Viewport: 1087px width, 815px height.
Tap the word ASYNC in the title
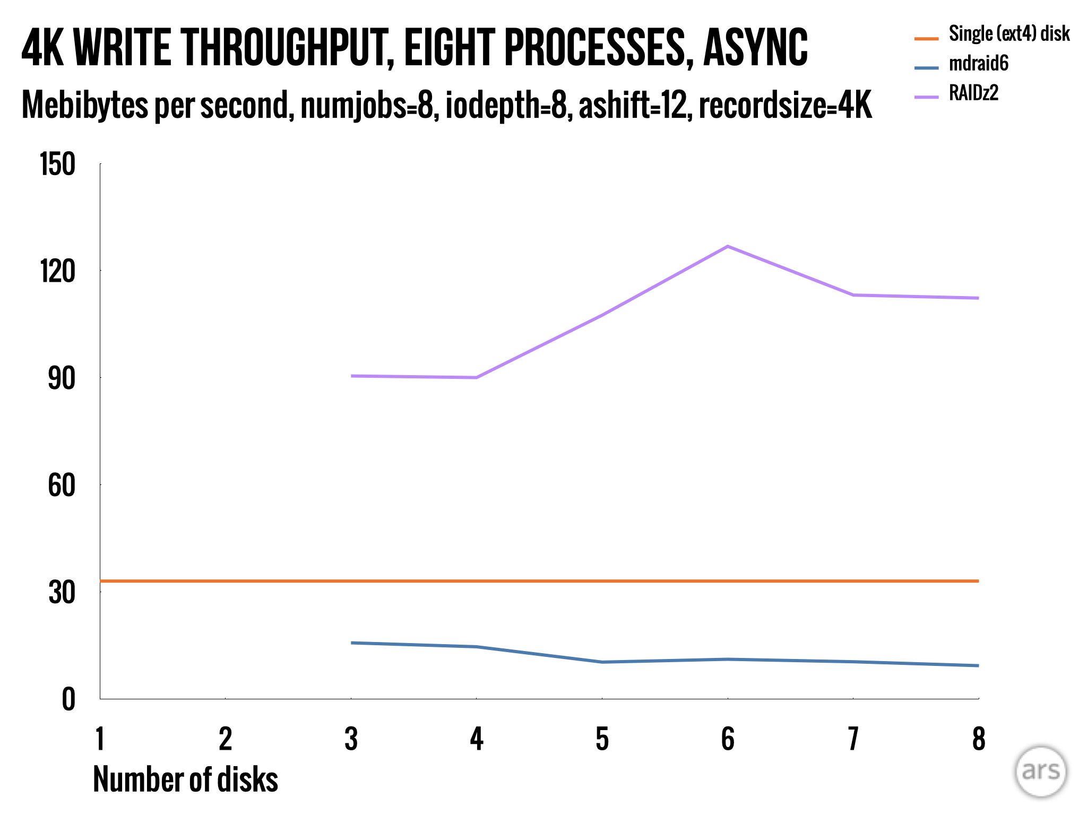click(755, 48)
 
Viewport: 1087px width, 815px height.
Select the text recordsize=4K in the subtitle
click(785, 105)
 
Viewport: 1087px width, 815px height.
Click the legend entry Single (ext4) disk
click(1009, 34)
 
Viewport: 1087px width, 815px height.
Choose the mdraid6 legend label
click(978, 64)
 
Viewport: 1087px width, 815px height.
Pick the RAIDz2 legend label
click(973, 93)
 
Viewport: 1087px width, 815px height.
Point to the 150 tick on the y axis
click(58, 164)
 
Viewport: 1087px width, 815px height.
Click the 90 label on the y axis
click(62, 379)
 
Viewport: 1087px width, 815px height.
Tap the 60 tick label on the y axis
click(62, 485)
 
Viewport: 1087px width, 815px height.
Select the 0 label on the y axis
click(68, 700)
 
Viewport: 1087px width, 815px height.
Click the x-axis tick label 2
click(226, 739)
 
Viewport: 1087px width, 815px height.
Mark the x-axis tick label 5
click(602, 739)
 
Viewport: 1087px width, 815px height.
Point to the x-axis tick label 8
click(979, 739)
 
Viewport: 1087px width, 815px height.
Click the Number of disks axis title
click(185, 779)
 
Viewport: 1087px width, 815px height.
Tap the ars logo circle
click(1041, 771)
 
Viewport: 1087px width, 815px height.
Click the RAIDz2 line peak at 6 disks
click(728, 246)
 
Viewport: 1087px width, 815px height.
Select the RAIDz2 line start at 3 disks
click(351, 376)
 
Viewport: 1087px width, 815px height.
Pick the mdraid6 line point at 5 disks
click(602, 662)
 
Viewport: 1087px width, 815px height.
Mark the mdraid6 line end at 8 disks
click(978, 665)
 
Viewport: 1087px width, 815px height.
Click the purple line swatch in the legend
click(926, 97)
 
